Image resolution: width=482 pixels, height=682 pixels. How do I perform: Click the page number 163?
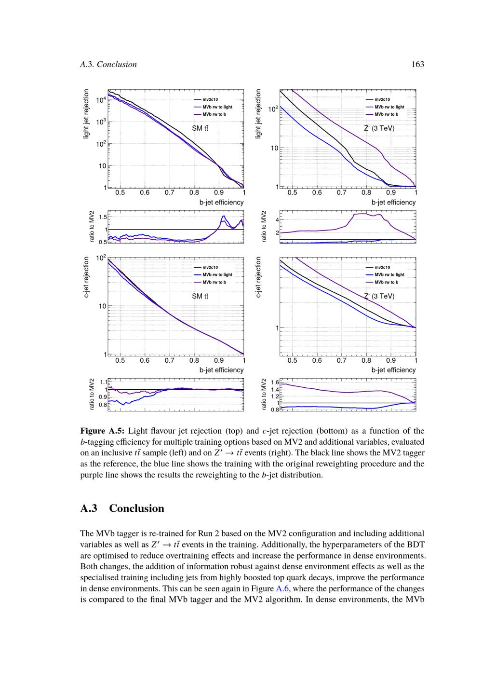[417, 64]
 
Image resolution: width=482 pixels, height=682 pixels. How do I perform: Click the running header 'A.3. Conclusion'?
[108, 64]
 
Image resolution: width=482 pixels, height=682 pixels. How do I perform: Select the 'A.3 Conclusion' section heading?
[122, 508]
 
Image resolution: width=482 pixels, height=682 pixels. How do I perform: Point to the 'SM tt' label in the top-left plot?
[200, 128]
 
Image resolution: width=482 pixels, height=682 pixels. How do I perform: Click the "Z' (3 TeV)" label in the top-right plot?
[379, 128]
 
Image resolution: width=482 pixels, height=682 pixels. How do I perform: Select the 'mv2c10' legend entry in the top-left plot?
[210, 99]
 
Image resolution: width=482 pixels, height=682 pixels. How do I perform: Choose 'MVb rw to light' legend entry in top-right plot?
[389, 107]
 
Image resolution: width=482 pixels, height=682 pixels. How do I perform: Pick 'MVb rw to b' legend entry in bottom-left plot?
[214, 282]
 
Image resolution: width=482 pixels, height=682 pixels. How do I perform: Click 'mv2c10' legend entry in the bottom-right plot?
[382, 267]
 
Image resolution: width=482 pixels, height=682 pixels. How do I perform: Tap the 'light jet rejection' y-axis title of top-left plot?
[86, 114]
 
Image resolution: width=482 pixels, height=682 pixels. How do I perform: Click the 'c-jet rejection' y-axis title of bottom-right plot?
[258, 277]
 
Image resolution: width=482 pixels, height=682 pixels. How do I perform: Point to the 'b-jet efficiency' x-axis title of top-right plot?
[393, 202]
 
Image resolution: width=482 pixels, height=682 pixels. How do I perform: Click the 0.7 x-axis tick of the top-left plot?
[169, 192]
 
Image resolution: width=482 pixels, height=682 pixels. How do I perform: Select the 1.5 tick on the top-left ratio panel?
[103, 217]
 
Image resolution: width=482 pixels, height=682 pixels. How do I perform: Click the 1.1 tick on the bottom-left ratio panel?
[103, 382]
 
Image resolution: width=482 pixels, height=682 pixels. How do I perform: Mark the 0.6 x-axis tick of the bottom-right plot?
[317, 360]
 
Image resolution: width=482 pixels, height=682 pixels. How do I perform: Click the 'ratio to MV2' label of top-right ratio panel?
[264, 226]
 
